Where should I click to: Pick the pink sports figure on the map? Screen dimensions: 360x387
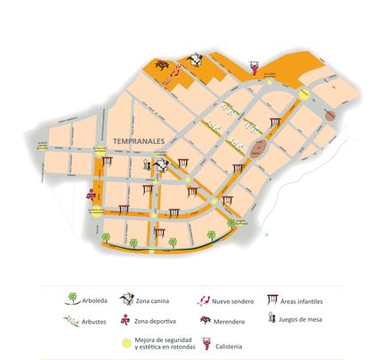[x=91, y=194]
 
